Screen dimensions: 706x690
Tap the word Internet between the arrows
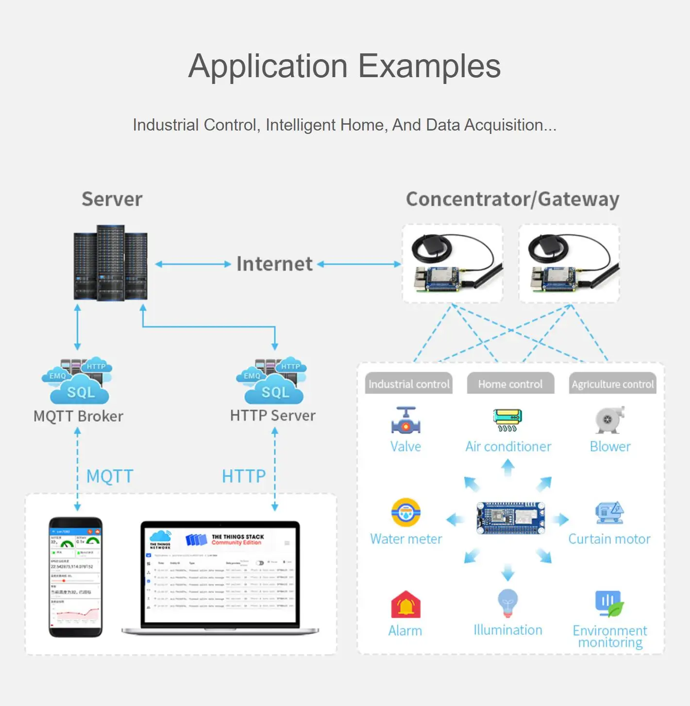[274, 264]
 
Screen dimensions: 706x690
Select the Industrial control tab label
[409, 384]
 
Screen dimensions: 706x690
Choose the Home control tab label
[510, 384]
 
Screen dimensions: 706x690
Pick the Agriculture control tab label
[613, 384]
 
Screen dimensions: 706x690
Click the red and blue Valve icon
[406, 420]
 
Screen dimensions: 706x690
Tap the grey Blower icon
[609, 420]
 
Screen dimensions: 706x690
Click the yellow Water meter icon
[406, 512]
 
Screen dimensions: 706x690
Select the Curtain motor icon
[609, 512]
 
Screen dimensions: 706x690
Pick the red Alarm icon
[406, 604]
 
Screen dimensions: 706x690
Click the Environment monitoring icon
[609, 604]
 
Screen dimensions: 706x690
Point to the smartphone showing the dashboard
[76, 577]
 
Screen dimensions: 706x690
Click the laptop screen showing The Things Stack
[220, 574]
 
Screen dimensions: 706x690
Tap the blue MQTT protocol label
[110, 476]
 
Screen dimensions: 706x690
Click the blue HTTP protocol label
[244, 476]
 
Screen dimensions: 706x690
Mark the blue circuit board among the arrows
[510, 518]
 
